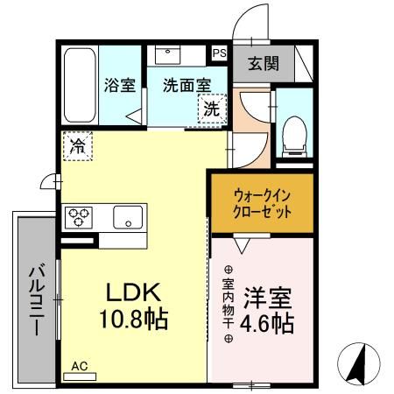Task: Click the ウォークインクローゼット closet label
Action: coord(260,202)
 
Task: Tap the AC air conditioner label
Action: coord(80,367)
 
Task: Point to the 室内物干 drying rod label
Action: coord(228,304)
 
